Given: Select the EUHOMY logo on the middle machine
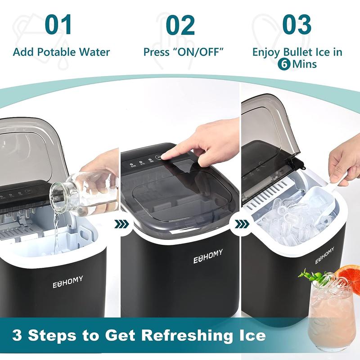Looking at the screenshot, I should (x=208, y=260).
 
